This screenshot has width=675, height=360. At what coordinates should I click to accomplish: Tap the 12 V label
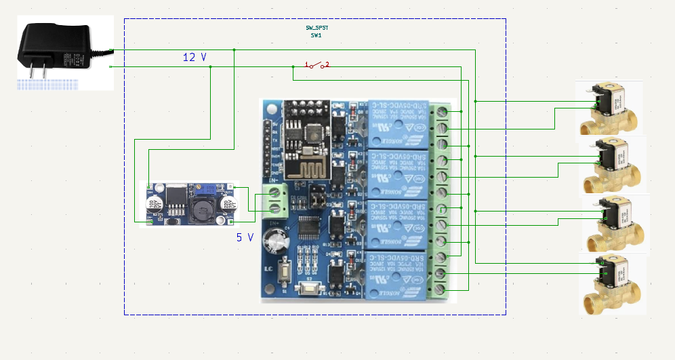point(195,58)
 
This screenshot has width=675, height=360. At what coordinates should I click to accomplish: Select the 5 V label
point(245,237)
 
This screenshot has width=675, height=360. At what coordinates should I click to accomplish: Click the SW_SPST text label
point(316,28)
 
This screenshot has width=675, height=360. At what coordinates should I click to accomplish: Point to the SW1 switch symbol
point(316,66)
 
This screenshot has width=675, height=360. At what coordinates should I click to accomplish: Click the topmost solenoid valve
point(608,108)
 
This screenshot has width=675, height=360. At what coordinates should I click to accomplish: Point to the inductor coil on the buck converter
point(201,209)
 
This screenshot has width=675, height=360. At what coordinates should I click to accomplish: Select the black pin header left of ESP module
point(268,150)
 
